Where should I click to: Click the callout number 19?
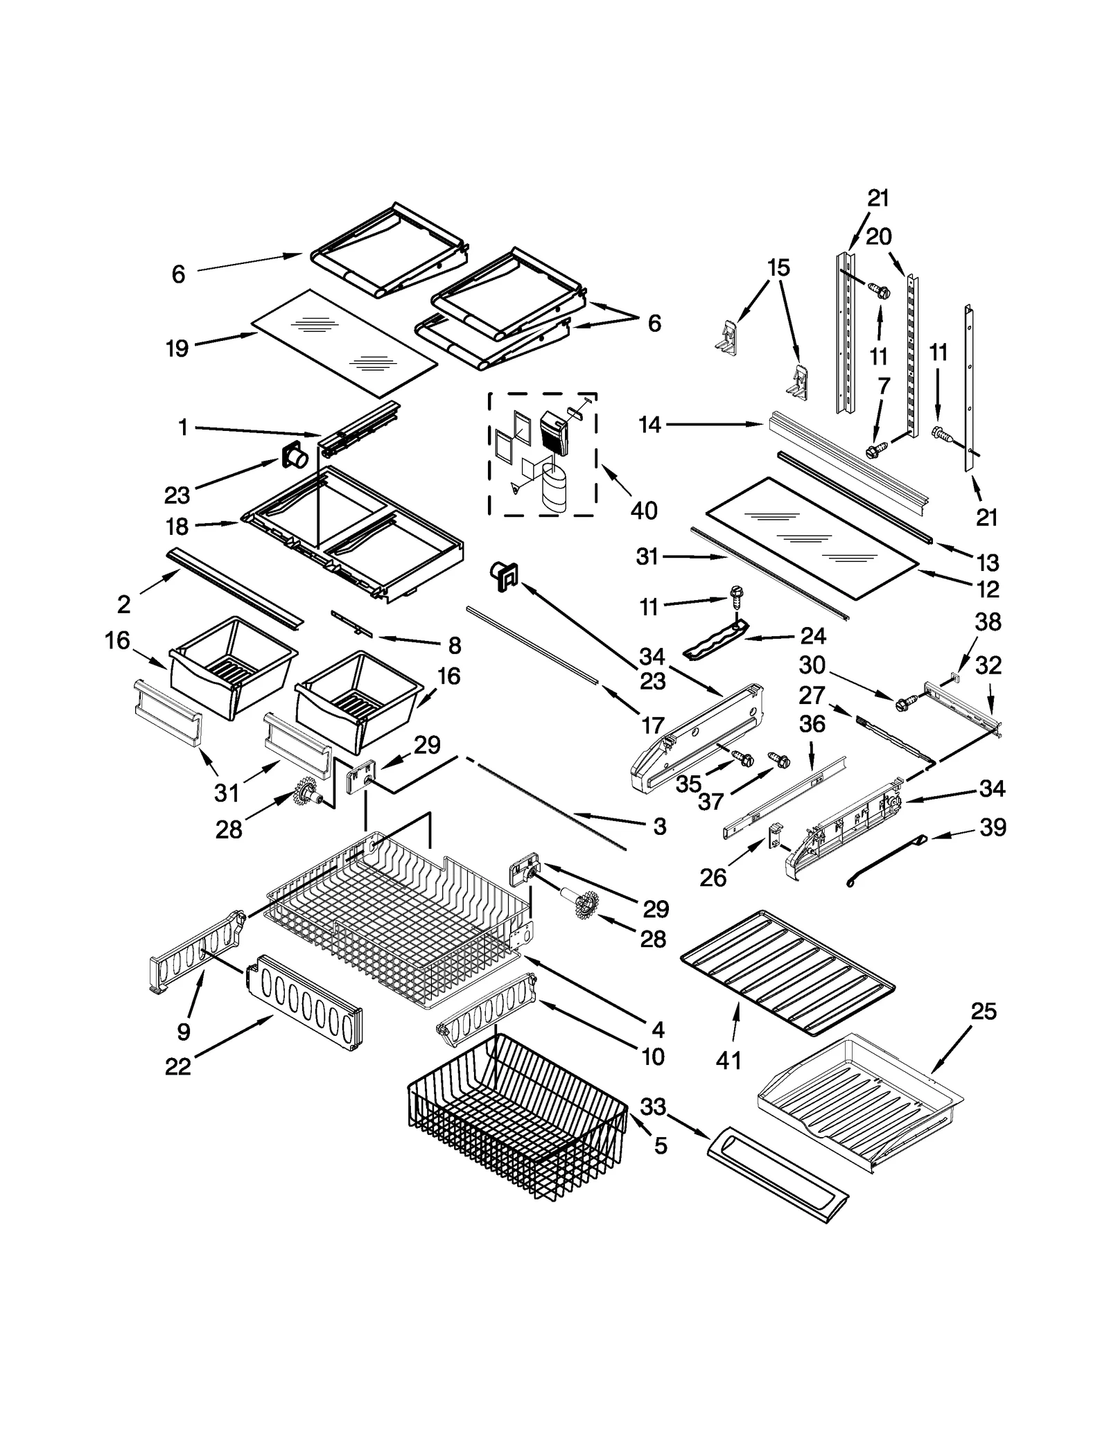coord(177,348)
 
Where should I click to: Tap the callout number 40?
coord(644,511)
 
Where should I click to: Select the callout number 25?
coord(983,1011)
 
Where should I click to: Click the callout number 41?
coord(728,1060)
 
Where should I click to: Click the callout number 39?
coord(993,827)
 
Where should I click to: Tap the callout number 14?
coord(649,425)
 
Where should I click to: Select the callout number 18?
coord(177,527)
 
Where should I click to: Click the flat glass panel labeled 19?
coord(344,343)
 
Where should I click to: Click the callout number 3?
coord(659,826)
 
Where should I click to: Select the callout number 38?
coord(988,622)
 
